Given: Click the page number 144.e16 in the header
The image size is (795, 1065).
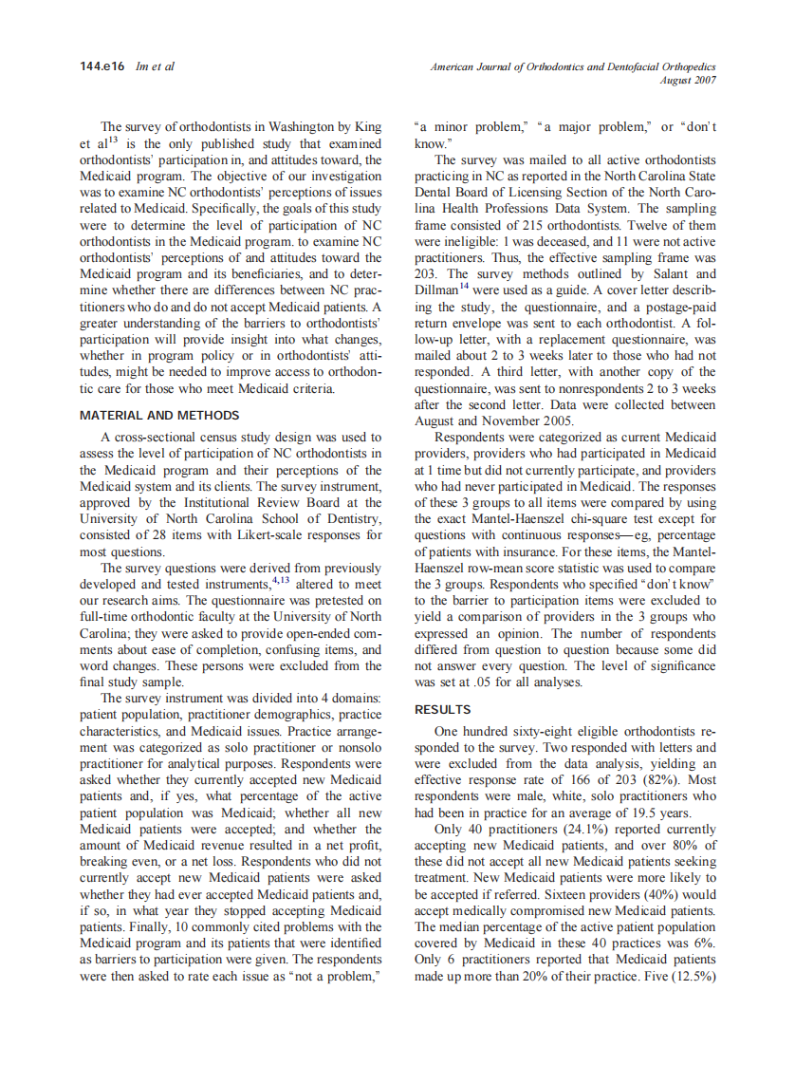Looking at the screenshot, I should (x=102, y=66).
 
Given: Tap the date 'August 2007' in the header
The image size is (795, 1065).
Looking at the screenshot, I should (x=689, y=80).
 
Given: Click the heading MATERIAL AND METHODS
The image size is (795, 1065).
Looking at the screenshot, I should (x=159, y=415).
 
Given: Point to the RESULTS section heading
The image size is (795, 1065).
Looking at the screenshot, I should (x=443, y=709).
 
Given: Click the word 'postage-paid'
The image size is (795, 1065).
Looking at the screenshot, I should (x=677, y=308).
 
